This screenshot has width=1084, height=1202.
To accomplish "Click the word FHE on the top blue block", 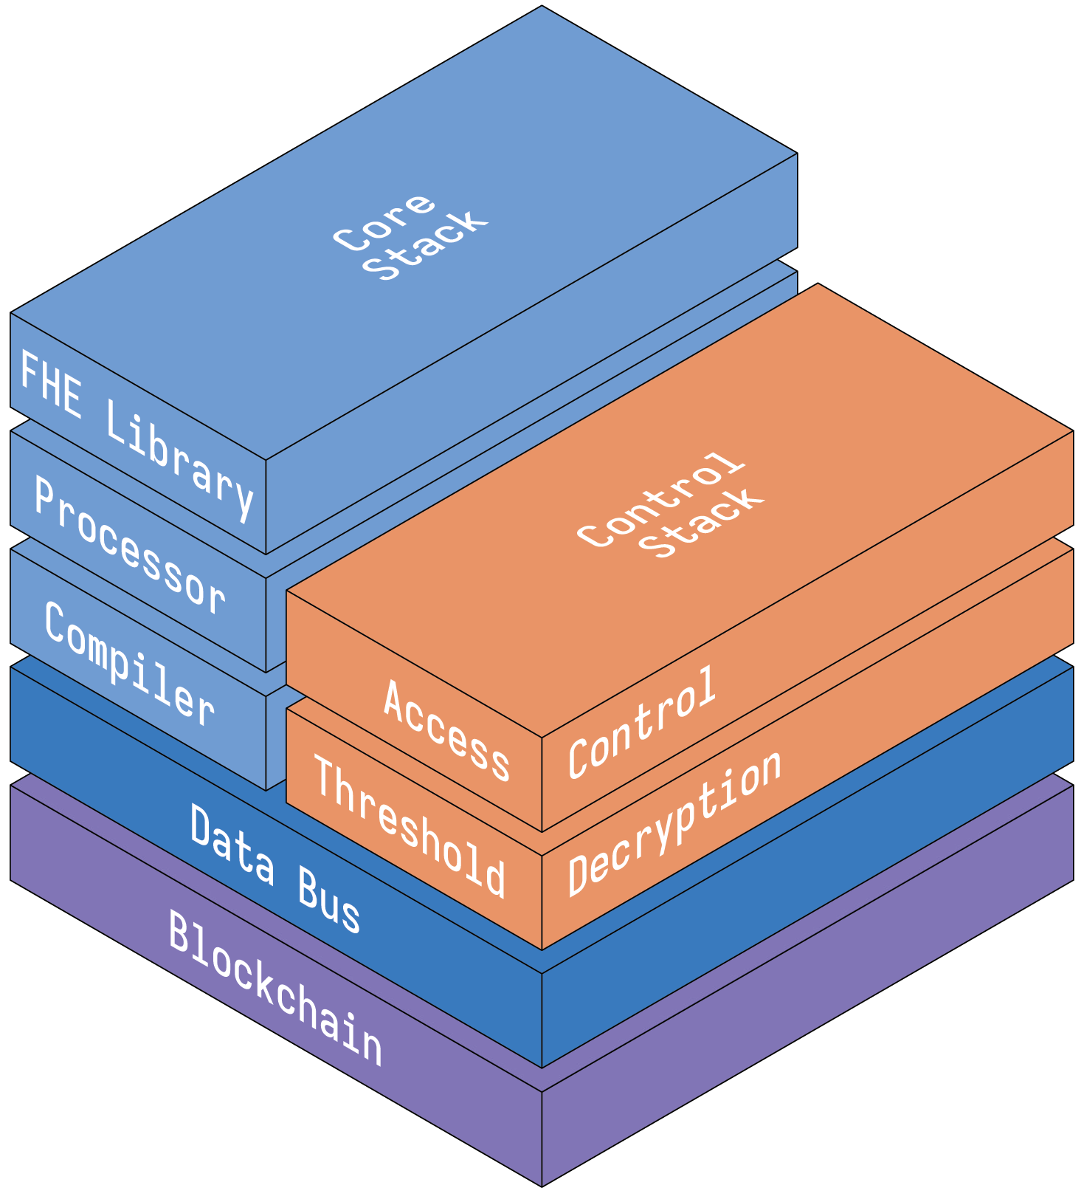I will [x=51, y=385].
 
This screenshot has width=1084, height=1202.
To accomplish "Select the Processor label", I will [x=130, y=546].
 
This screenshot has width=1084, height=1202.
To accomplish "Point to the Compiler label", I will [x=129, y=663].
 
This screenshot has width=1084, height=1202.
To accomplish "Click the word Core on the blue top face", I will [x=384, y=221].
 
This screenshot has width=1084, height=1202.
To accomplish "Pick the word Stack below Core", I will [x=425, y=246].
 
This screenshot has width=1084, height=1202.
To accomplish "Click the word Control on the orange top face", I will [x=661, y=500].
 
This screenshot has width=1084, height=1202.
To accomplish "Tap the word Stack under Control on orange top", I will [x=701, y=522].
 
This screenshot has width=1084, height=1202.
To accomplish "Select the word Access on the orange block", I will [x=446, y=730].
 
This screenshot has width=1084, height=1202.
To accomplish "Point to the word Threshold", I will [x=410, y=825].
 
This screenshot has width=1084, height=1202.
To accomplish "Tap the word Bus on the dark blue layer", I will [x=329, y=899].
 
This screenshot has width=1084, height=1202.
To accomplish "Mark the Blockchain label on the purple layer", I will [x=275, y=988].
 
